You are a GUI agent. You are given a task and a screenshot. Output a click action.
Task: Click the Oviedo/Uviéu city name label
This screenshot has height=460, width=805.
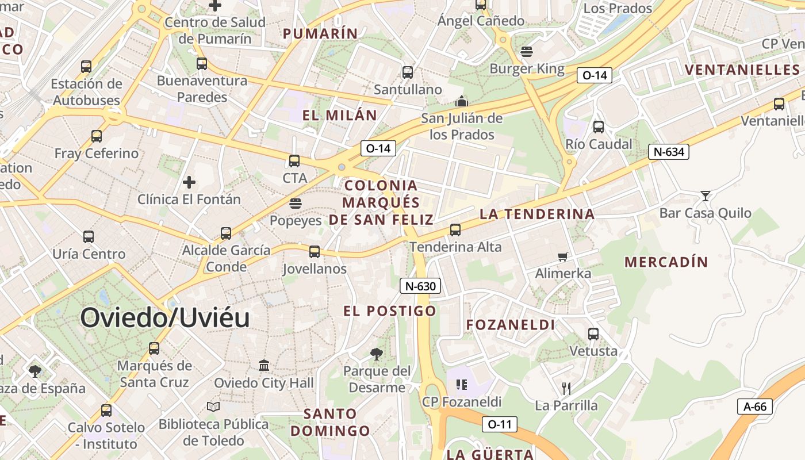[x=165, y=318]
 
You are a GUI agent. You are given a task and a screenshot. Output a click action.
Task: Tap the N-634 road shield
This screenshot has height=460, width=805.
[x=668, y=152]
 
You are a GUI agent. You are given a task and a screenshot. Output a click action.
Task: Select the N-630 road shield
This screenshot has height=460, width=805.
[x=420, y=286]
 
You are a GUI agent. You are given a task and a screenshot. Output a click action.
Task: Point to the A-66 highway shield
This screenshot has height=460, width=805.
[x=754, y=407]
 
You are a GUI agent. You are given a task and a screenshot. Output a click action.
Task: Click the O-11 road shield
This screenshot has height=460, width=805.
[x=499, y=424]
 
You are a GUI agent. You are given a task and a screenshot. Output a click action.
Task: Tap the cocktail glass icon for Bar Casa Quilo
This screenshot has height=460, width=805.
[x=705, y=196]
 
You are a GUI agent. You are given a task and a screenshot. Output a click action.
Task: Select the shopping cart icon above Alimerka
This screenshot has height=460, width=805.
[x=563, y=256]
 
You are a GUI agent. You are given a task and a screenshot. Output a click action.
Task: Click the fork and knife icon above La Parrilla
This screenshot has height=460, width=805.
[x=566, y=388]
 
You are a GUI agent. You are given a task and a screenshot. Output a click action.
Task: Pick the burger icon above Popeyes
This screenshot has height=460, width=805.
[x=296, y=203]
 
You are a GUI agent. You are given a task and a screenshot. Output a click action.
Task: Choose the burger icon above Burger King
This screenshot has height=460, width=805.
[x=527, y=52]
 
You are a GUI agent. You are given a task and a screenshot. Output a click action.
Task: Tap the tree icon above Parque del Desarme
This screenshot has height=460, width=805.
[x=377, y=354]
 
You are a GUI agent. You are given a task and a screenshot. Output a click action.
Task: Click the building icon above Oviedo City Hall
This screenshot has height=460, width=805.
[x=264, y=365]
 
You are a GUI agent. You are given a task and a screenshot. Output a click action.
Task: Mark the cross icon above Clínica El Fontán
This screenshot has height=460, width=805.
[x=189, y=183]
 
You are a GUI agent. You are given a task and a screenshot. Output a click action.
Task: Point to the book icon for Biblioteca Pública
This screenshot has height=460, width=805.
[x=213, y=407]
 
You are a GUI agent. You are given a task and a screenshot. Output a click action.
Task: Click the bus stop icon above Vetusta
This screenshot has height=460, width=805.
[x=593, y=333]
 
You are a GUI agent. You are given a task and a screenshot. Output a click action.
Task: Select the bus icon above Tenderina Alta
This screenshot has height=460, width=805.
[x=455, y=230]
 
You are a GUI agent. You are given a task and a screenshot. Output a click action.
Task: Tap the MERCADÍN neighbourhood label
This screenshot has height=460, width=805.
[x=666, y=262]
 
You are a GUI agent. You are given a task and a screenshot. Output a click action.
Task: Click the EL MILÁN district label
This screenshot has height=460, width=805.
[x=339, y=115]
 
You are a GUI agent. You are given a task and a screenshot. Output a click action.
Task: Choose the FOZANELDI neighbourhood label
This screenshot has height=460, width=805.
[x=510, y=325]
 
